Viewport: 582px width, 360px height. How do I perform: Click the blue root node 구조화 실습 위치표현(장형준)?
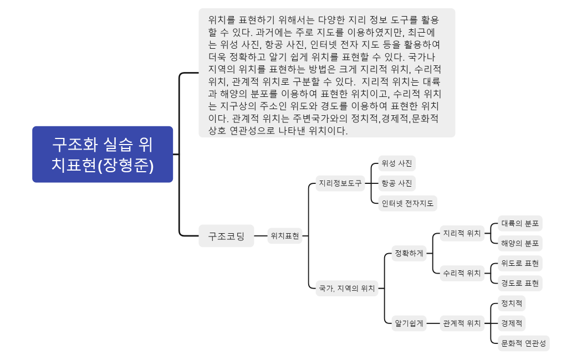(103, 154)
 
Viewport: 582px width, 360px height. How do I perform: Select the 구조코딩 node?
(226, 236)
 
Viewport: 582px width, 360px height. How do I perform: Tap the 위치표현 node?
(285, 236)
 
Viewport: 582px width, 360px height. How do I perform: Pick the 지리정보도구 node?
(339, 183)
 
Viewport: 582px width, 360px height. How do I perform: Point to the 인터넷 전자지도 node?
(407, 203)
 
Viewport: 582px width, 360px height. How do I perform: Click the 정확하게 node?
(409, 254)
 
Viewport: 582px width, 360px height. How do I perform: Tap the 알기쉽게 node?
(409, 323)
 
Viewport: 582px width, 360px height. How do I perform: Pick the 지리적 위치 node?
(462, 233)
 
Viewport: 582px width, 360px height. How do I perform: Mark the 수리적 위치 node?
(462, 272)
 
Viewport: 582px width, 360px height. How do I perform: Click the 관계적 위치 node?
(462, 323)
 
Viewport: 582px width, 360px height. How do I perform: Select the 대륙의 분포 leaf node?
(520, 224)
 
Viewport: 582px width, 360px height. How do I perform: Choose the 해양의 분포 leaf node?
(520, 243)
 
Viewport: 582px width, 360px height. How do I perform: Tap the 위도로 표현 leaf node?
(520, 263)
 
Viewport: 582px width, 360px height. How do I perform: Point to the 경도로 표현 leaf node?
(520, 283)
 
